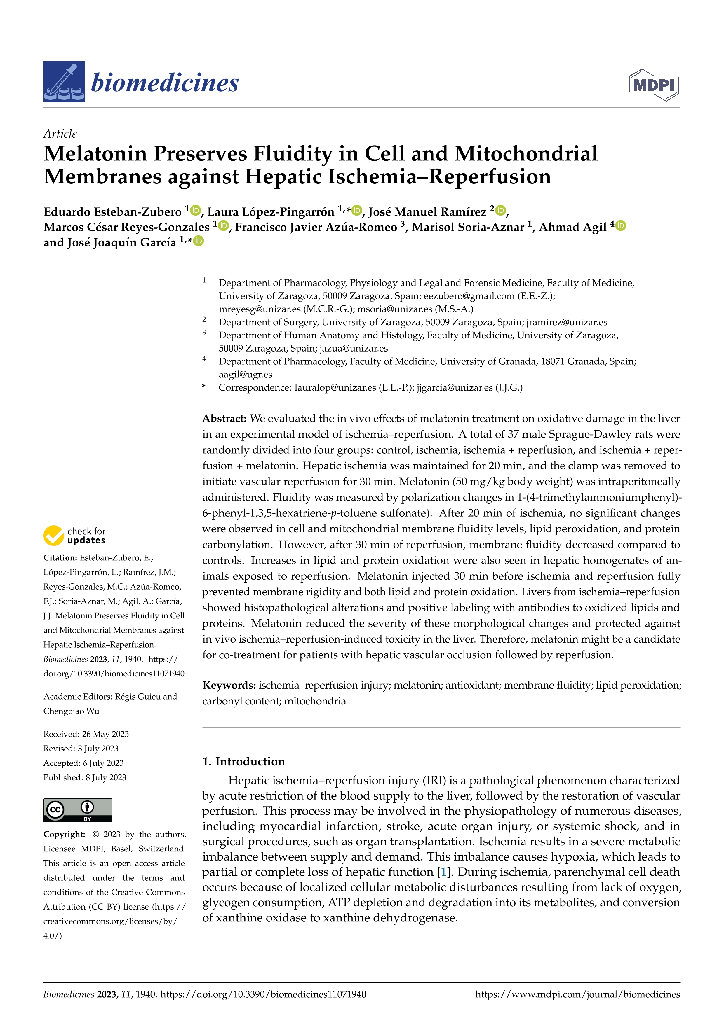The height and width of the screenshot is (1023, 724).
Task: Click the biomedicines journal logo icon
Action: tap(64, 82)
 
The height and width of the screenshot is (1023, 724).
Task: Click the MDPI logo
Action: tap(654, 85)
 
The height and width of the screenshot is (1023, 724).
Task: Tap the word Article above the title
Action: tap(60, 134)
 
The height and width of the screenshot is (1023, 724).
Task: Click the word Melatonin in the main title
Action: tap(95, 154)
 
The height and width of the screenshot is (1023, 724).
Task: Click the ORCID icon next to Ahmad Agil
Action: tap(621, 226)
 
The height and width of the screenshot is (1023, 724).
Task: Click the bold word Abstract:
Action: tap(224, 418)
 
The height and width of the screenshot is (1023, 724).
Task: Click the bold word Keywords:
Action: tap(229, 685)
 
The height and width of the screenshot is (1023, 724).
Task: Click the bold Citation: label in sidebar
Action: tap(60, 558)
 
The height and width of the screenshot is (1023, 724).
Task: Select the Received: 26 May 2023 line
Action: tap(86, 734)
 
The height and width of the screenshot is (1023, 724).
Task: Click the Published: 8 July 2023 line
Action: tap(85, 777)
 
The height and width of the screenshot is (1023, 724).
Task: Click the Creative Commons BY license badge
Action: tap(78, 810)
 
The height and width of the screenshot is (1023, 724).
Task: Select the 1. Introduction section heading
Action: tap(243, 761)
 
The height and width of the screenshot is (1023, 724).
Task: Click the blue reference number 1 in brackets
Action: tap(443, 872)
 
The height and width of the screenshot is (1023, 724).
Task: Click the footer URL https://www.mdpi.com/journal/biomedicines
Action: tap(577, 994)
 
